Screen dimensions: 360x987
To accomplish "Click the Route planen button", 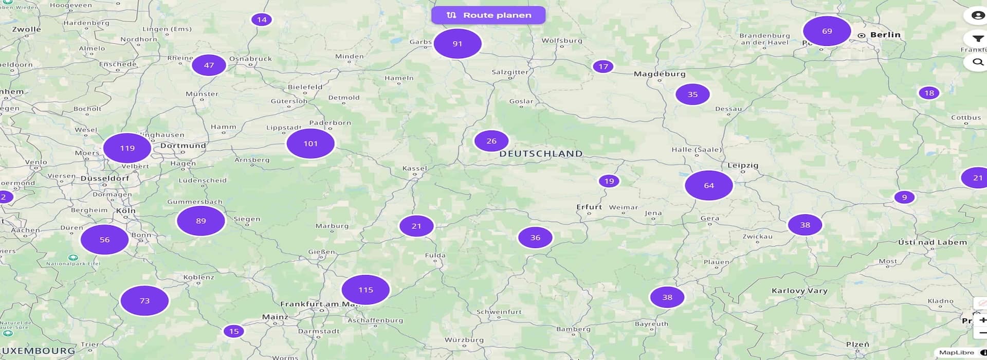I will [x=488, y=15].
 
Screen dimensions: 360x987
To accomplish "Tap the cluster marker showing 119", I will [x=127, y=148].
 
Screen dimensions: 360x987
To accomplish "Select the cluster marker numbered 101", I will [x=310, y=143].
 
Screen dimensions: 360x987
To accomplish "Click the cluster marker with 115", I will [x=365, y=290].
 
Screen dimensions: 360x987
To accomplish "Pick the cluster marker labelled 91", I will [x=458, y=44].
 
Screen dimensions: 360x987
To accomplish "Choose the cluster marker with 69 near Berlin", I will [x=827, y=31].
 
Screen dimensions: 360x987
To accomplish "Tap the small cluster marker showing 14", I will [x=262, y=20].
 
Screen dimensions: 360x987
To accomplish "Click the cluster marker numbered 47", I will [x=209, y=65].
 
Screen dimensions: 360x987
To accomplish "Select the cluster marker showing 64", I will [x=709, y=185].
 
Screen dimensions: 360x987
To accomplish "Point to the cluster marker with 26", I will [x=491, y=141].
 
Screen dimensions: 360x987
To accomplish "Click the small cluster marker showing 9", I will [x=904, y=197].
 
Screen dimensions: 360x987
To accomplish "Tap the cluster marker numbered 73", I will [x=144, y=300].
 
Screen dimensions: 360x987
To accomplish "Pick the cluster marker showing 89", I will [x=201, y=221].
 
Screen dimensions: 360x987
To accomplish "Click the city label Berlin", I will [x=885, y=34].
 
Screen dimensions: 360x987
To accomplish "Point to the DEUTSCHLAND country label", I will [x=541, y=153].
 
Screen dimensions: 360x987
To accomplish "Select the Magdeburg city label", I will [x=660, y=74].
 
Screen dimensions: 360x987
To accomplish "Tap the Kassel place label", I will [x=415, y=168].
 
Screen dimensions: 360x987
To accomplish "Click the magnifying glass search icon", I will [x=977, y=62].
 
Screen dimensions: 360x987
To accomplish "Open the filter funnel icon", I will [x=977, y=39].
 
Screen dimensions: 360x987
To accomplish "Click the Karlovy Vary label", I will [x=799, y=291].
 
